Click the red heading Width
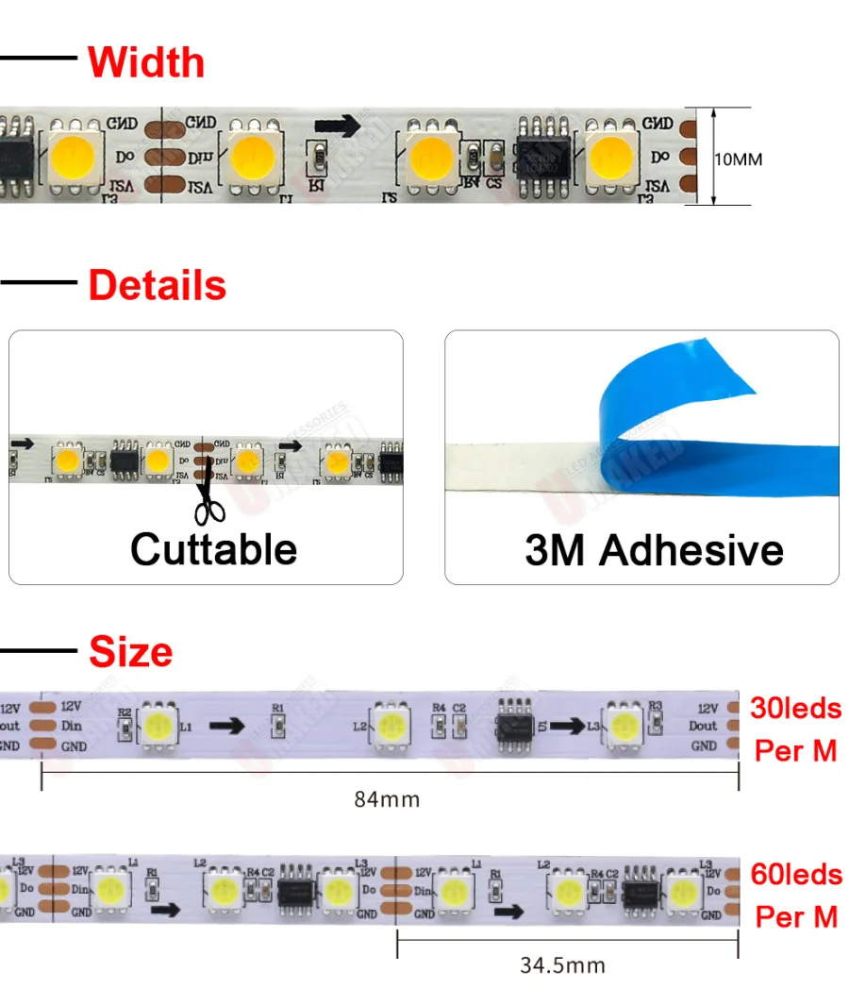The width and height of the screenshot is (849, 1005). pyautogui.click(x=146, y=62)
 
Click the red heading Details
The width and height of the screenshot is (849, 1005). pyautogui.click(x=158, y=285)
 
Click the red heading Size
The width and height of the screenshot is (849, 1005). pyautogui.click(x=131, y=651)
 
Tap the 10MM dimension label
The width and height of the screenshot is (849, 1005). pyautogui.click(x=738, y=159)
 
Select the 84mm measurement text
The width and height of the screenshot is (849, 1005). pyautogui.click(x=387, y=799)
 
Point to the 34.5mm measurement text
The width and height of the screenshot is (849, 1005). pyautogui.click(x=562, y=965)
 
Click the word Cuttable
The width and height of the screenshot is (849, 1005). pyautogui.click(x=214, y=549)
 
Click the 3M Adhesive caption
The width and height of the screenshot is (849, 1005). pyautogui.click(x=654, y=550)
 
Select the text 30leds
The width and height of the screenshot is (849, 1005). pyautogui.click(x=796, y=708)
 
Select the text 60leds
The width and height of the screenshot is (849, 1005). pyautogui.click(x=796, y=874)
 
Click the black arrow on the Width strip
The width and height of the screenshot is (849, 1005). pyautogui.click(x=339, y=126)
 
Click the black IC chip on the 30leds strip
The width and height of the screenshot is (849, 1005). pyautogui.click(x=517, y=725)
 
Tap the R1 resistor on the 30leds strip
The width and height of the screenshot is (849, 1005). pyautogui.click(x=277, y=725)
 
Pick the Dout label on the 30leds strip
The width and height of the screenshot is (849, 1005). pyautogui.click(x=703, y=726)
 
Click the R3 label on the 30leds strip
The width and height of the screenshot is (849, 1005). pyautogui.click(x=655, y=706)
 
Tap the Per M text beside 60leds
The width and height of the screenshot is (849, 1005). pyautogui.click(x=796, y=916)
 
